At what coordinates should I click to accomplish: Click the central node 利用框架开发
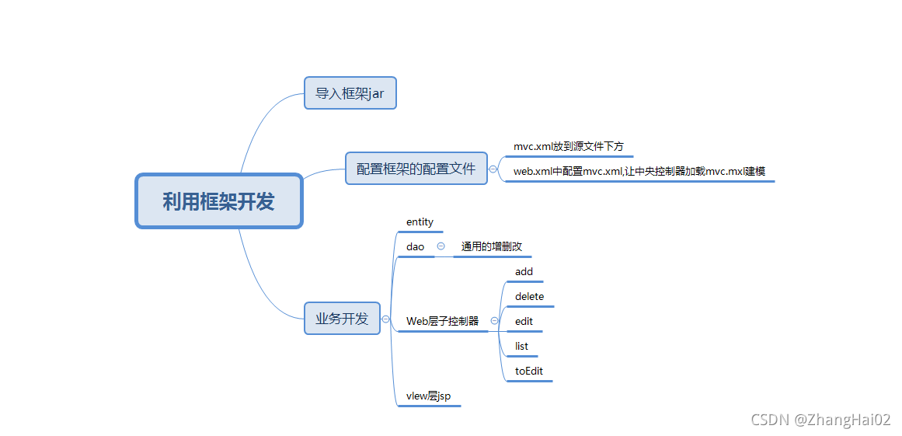[x=218, y=201]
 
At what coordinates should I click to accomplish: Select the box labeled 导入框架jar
[x=350, y=93]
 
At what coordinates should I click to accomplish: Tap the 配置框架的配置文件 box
[x=416, y=169]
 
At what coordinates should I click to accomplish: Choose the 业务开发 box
[x=342, y=319]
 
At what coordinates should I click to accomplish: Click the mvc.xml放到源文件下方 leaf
[x=568, y=146]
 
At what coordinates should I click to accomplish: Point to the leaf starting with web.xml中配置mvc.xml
[x=639, y=171]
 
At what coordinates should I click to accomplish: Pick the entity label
[x=420, y=222]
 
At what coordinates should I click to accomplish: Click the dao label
[x=415, y=247]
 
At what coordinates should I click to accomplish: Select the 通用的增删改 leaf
[x=491, y=247]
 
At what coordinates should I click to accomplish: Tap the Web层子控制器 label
[x=442, y=321]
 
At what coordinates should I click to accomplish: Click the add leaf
[x=524, y=272]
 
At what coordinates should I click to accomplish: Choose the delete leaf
[x=529, y=297]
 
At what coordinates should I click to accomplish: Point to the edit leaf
[x=524, y=322]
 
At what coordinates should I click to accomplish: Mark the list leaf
[x=521, y=347]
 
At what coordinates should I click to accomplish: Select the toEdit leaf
[x=529, y=371]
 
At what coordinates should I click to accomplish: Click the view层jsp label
[x=428, y=396]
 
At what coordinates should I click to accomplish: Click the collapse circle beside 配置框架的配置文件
[x=493, y=169]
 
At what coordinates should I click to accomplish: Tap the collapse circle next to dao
[x=441, y=246]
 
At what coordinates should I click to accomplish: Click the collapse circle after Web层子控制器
[x=494, y=321]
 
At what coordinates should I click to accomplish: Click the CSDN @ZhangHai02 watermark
[x=820, y=420]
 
